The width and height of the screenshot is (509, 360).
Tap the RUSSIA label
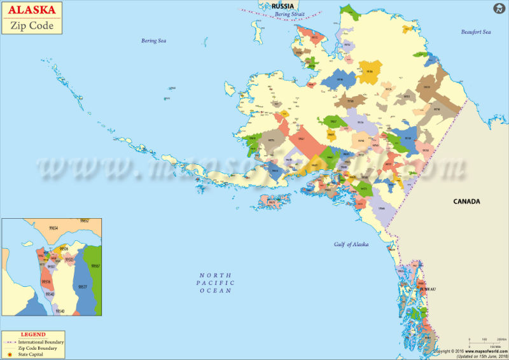pyautogui.click(x=282, y=6)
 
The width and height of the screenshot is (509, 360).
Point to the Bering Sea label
pyautogui.click(x=153, y=41)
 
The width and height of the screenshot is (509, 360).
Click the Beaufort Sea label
pyautogui.click(x=476, y=32)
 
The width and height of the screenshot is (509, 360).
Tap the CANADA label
pyautogui.click(x=466, y=202)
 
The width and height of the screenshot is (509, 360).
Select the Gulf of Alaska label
pyautogui.click(x=351, y=244)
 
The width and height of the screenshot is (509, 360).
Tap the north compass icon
pyautogui.click(x=498, y=9)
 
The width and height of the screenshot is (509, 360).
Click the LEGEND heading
pyautogui.click(x=33, y=335)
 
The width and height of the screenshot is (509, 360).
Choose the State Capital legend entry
pyautogui.click(x=32, y=354)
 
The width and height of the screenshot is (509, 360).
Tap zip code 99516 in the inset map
pyautogui.click(x=46, y=281)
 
